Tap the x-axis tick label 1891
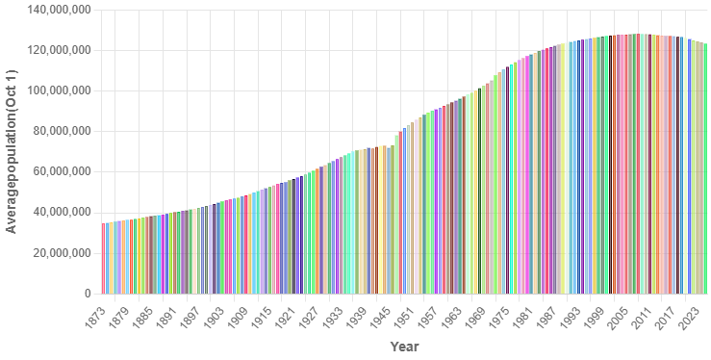[x=167, y=315]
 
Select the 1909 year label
[x=238, y=315]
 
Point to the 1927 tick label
[x=308, y=315]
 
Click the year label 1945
[x=378, y=315]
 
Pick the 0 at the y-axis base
[x=87, y=293]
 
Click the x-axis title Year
[x=404, y=346]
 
